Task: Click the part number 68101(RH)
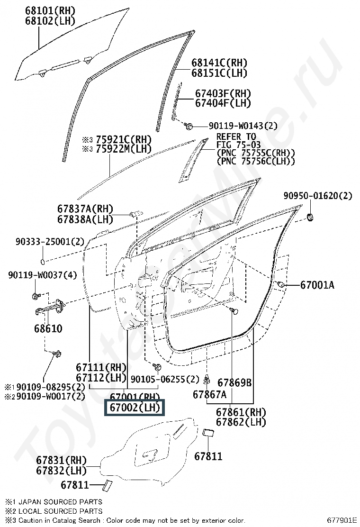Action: click(x=50, y=10)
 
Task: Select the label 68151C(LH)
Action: click(x=219, y=73)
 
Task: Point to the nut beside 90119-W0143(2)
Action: click(x=188, y=126)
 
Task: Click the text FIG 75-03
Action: click(x=236, y=145)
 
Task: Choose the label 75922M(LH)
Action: click(x=123, y=149)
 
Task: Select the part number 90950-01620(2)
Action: click(x=318, y=196)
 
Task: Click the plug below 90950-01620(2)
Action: click(x=311, y=217)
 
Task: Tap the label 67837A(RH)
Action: click(x=85, y=209)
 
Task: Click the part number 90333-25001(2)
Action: click(x=49, y=242)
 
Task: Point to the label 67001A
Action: click(x=317, y=285)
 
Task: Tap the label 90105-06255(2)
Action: click(x=165, y=379)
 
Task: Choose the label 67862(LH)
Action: click(x=241, y=422)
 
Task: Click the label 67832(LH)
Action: click(x=62, y=471)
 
